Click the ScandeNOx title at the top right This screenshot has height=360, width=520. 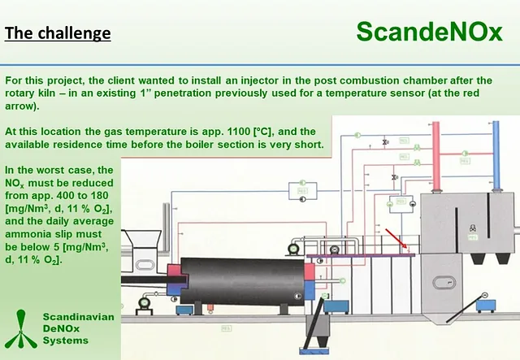pyautogui.click(x=430, y=33)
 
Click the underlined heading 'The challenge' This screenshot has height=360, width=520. pyautogui.click(x=57, y=34)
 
